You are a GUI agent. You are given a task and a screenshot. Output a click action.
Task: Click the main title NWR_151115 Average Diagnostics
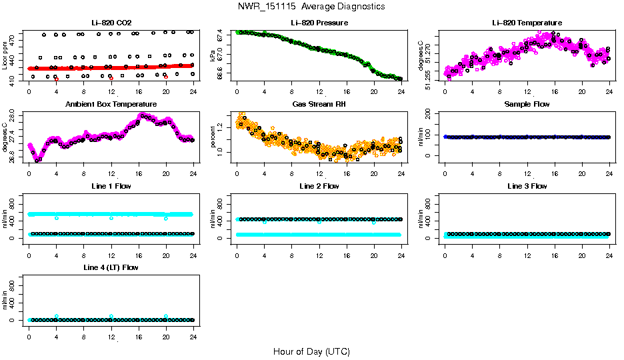click(311, 7)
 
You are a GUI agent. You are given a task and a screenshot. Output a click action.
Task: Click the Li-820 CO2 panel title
click(111, 23)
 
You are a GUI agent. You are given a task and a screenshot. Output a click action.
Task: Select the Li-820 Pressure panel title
click(319, 23)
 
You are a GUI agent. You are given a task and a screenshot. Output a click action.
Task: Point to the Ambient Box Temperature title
click(111, 104)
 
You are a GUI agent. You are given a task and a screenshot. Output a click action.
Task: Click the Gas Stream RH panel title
click(319, 104)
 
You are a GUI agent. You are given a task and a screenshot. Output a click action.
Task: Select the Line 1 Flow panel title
click(111, 186)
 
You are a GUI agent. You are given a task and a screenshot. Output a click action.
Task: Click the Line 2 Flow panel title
click(319, 186)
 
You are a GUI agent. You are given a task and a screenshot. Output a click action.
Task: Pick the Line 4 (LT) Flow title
click(111, 267)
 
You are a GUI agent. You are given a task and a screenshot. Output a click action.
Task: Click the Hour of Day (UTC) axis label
click(311, 351)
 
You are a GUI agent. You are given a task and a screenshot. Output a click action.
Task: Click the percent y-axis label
click(213, 137)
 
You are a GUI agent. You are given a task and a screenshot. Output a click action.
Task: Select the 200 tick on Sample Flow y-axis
click(428, 114)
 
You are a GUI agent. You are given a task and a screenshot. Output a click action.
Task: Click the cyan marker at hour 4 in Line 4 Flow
click(57, 316)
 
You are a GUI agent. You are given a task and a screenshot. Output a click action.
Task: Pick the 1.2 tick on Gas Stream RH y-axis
click(220, 127)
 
